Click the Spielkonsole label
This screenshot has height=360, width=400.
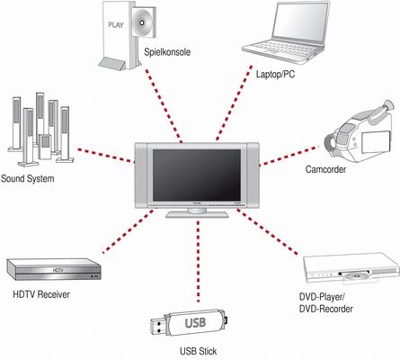167,52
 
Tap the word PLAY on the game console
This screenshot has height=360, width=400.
116,25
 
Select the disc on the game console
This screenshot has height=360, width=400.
141,22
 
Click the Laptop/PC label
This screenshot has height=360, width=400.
275,74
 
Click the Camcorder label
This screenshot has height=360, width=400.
325,169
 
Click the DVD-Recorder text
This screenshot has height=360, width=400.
326,309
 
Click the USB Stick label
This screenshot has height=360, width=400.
198,351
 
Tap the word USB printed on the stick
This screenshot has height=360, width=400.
195,323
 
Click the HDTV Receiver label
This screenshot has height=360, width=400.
41,294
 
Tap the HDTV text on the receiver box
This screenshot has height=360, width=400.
58,270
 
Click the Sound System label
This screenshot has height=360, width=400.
28,178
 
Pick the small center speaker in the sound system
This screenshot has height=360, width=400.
45,147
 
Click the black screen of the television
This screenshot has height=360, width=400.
197,175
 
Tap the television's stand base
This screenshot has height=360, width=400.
197,214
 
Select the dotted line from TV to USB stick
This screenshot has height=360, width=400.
198,261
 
